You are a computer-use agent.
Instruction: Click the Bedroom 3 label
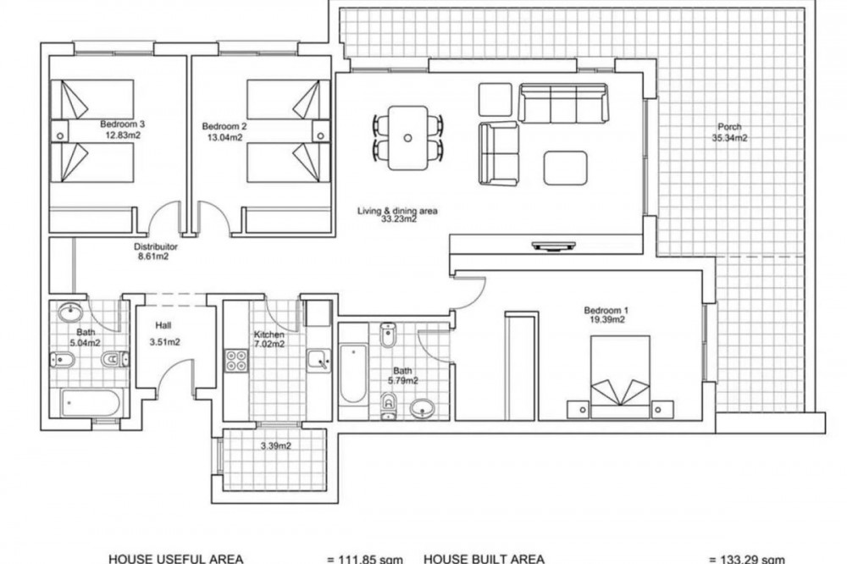(x=123, y=124)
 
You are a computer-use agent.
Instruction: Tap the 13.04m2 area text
(x=224, y=138)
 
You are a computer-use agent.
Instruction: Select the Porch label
(x=729, y=127)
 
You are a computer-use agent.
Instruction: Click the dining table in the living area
(x=408, y=138)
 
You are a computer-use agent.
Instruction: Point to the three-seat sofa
(x=563, y=103)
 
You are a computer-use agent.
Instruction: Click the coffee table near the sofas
(x=566, y=168)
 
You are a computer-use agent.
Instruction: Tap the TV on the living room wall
(x=554, y=246)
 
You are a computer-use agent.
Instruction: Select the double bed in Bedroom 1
(x=620, y=377)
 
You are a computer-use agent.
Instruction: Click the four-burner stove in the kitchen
(x=236, y=361)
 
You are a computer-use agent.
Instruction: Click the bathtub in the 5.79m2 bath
(x=352, y=373)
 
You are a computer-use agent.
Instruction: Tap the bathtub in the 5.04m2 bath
(x=91, y=402)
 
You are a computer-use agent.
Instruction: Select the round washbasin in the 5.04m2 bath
(x=70, y=312)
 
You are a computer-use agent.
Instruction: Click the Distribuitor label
(x=156, y=247)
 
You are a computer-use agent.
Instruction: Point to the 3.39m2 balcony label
(x=276, y=445)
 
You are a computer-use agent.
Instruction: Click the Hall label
(x=163, y=325)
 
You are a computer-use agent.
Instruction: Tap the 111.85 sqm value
(x=364, y=560)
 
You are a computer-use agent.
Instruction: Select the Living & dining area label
(x=397, y=211)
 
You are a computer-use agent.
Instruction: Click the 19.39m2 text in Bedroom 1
(x=607, y=320)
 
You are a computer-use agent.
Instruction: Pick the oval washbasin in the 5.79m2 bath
(x=423, y=408)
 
